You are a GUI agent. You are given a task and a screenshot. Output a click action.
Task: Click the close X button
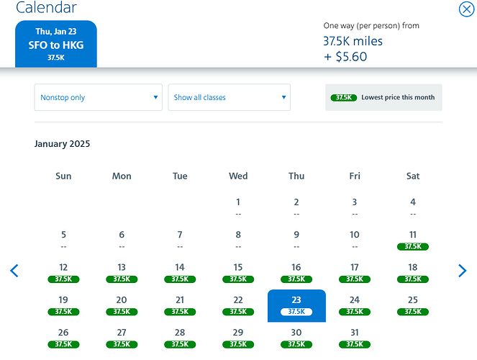pos(466,9)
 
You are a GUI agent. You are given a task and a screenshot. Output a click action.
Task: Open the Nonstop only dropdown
pos(99,97)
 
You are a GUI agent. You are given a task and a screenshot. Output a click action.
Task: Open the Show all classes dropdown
pos(230,97)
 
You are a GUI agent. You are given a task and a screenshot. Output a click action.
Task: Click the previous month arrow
pos(14,271)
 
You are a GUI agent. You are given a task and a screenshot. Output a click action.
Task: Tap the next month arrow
pos(462,271)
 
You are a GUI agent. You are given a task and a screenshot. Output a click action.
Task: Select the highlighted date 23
pos(296,305)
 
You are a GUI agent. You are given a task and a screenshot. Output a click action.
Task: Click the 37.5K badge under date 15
pos(238,279)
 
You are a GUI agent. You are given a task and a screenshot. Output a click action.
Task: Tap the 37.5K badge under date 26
pos(63,344)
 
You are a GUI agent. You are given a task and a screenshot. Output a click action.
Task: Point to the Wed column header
pos(238,176)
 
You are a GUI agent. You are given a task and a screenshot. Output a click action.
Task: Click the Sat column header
pos(413,176)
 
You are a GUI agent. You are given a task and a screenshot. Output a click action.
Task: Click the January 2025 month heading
pos(62,143)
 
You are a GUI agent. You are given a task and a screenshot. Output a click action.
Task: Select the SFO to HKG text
pos(56,45)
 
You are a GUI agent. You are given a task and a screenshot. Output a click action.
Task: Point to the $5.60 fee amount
pos(351,57)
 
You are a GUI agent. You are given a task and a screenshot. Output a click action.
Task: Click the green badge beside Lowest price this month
pos(344,97)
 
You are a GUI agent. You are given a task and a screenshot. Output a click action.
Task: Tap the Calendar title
pos(46,7)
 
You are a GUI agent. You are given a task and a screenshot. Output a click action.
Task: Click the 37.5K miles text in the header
pos(353,41)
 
